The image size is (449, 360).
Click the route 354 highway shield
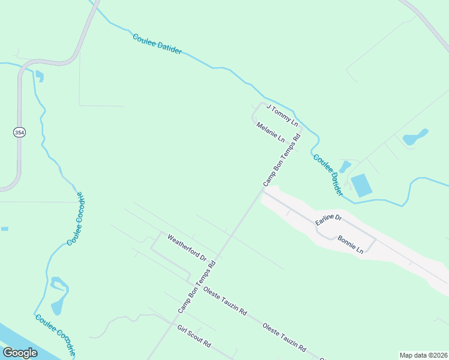pyautogui.click(x=20, y=132)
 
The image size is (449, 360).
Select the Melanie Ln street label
pyautogui.click(x=271, y=132)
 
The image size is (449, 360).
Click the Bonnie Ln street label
pyautogui.click(x=351, y=244)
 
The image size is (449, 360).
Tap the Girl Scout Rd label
pyautogui.click(x=194, y=336)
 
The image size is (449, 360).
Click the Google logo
pyautogui.click(x=20, y=353)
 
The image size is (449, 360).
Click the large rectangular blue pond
pyautogui.click(x=361, y=185)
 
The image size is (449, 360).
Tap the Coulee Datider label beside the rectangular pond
pyautogui.click(x=328, y=174)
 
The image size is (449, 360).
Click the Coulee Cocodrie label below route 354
pyautogui.click(x=76, y=219)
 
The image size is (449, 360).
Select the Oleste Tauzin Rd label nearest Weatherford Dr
pyautogui.click(x=225, y=301)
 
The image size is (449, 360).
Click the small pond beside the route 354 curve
pyautogui.click(x=40, y=76)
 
